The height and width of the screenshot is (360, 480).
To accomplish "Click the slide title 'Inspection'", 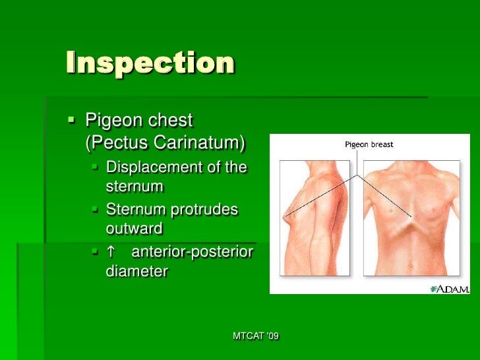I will tap(150, 63).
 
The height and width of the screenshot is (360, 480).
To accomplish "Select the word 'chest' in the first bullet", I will tap(172, 121).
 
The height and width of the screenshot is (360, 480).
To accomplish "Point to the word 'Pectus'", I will tap(119, 142).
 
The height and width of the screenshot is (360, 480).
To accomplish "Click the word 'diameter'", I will tap(136, 271).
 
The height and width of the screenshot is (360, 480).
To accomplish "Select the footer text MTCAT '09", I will tap(256, 336).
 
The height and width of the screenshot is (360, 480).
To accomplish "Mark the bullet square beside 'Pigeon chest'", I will tap(71, 121).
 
